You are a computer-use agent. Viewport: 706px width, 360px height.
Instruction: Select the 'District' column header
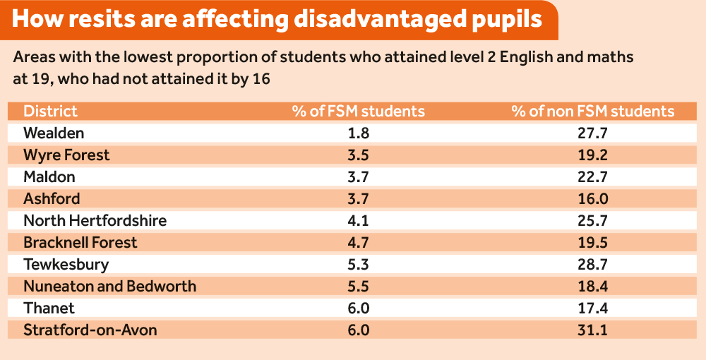coord(50,111)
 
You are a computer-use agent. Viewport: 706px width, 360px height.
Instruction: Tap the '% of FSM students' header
coord(359,111)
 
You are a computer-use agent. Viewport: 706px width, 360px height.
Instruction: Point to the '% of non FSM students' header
coord(593,111)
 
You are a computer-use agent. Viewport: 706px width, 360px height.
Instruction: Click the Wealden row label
coord(54,133)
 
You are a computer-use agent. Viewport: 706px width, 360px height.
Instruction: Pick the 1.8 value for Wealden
coord(359,133)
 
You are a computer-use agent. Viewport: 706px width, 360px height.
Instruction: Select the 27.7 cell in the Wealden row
coord(593,133)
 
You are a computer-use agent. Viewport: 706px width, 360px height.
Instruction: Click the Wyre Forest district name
coord(66,155)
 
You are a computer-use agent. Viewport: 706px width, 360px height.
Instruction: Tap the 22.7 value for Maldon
coord(593,176)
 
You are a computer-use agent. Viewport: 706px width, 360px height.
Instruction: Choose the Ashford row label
coord(52,198)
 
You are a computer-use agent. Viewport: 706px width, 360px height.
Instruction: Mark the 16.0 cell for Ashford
coord(593,198)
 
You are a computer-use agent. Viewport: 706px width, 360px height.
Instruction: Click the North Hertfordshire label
coord(95,220)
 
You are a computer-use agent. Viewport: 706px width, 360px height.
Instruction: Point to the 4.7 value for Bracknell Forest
coord(359,242)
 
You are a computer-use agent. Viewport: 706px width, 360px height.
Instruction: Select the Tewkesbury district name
coord(66,264)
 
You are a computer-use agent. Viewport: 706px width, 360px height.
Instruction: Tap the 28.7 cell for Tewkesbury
coord(593,264)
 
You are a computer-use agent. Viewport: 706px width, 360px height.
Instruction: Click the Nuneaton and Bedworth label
coord(109,286)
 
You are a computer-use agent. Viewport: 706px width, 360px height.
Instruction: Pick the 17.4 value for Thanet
coord(593,308)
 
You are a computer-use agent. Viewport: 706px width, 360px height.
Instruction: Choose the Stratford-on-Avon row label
coord(90,330)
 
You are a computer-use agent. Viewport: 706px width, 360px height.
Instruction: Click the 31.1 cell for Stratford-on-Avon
coord(593,330)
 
